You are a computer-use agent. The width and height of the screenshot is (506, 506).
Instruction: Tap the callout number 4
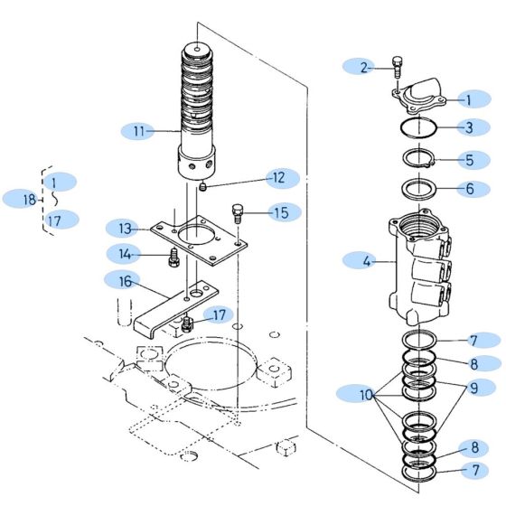[x=367, y=262]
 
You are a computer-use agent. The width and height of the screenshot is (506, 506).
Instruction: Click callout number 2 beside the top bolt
[x=364, y=66]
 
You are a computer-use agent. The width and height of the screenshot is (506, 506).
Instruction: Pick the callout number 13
[x=125, y=227]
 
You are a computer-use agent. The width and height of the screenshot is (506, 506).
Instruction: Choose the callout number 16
[x=123, y=282]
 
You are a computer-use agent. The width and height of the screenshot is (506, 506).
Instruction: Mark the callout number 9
[x=474, y=388]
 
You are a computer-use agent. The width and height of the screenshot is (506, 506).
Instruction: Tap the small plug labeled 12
[x=204, y=187]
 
